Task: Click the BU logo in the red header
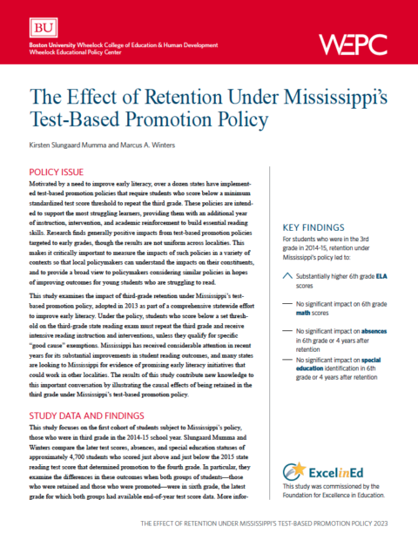tap(41, 25)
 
